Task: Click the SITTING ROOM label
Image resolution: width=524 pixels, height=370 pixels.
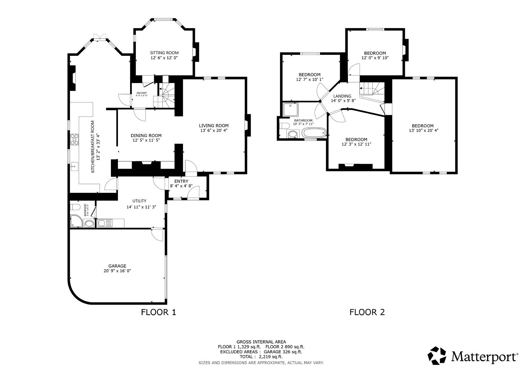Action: pyautogui.click(x=164, y=53)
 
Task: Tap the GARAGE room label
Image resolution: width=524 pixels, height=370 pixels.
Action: pyautogui.click(x=117, y=266)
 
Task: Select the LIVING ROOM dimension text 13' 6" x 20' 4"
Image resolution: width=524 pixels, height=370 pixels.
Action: pyautogui.click(x=214, y=131)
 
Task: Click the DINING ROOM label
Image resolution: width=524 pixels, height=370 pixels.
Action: pyautogui.click(x=146, y=135)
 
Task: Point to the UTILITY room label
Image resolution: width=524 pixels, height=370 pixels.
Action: pyautogui.click(x=139, y=201)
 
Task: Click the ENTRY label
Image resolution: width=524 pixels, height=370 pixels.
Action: pyautogui.click(x=181, y=181)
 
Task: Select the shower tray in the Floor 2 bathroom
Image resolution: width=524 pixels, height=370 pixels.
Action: pyautogui.click(x=291, y=110)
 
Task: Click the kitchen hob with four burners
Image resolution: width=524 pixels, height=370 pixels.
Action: pyautogui.click(x=74, y=139)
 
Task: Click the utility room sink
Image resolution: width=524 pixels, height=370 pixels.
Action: pyautogui.click(x=104, y=223)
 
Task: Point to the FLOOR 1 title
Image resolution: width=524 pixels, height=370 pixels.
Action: pyautogui.click(x=159, y=312)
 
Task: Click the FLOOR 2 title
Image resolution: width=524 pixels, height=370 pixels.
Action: pyautogui.click(x=367, y=312)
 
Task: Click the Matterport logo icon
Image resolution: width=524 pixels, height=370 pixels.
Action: pyautogui.click(x=437, y=356)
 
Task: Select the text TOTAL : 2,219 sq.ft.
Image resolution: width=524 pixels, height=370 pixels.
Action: pyautogui.click(x=261, y=357)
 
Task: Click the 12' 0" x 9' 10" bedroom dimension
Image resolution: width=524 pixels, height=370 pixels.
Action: pyautogui.click(x=375, y=58)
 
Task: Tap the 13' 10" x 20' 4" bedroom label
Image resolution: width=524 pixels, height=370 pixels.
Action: pyautogui.click(x=423, y=126)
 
